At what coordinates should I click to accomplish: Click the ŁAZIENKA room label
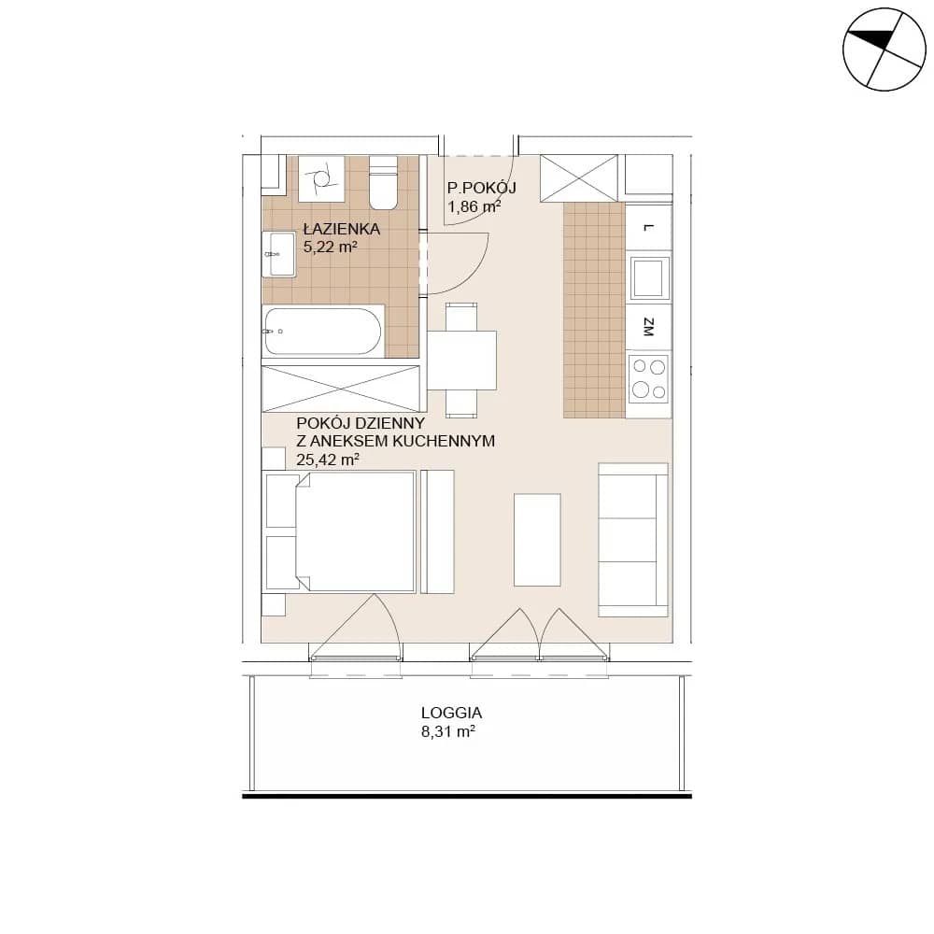pyautogui.click(x=341, y=228)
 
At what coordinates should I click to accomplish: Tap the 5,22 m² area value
pyautogui.click(x=330, y=247)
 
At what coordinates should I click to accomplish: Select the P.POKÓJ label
pyautogui.click(x=482, y=188)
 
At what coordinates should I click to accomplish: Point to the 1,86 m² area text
pyautogui.click(x=474, y=206)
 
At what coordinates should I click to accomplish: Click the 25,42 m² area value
pyautogui.click(x=328, y=460)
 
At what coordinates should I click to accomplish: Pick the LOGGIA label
pyautogui.click(x=451, y=713)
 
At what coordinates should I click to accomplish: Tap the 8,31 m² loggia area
pyautogui.click(x=448, y=731)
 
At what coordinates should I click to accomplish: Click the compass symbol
pyautogui.click(x=884, y=50)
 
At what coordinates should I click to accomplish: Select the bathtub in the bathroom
pyautogui.click(x=322, y=332)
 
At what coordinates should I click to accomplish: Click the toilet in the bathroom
pyautogui.click(x=383, y=182)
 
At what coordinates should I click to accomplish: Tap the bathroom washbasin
pyautogui.click(x=280, y=254)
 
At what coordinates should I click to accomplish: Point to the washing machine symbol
pyautogui.click(x=321, y=177)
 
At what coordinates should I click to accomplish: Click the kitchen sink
pyautogui.click(x=649, y=277)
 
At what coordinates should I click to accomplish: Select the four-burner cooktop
pyautogui.click(x=649, y=378)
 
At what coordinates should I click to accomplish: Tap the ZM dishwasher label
pyautogui.click(x=649, y=327)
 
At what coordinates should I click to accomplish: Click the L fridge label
pyautogui.click(x=649, y=228)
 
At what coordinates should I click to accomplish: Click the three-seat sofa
pyautogui.click(x=632, y=540)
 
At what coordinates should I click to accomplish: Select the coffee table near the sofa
pyautogui.click(x=537, y=540)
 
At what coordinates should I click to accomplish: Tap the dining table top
pyautogui.click(x=462, y=361)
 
